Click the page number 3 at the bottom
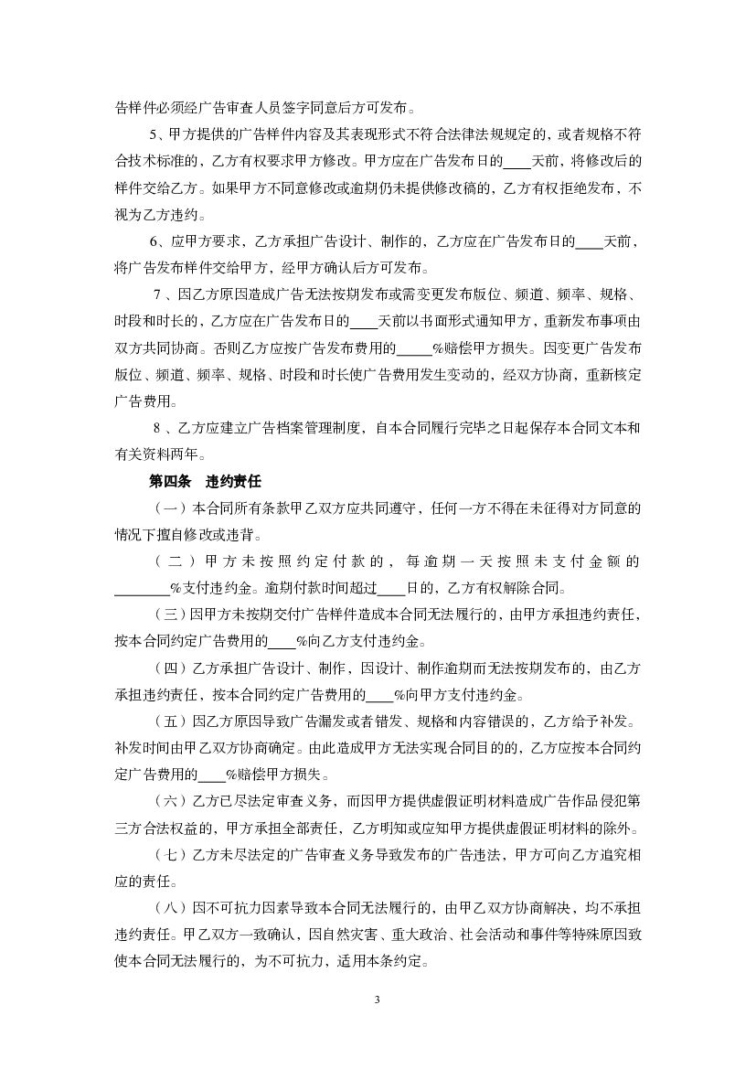click(377, 999)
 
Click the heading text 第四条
click(169, 479)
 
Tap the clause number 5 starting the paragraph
click(153, 135)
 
